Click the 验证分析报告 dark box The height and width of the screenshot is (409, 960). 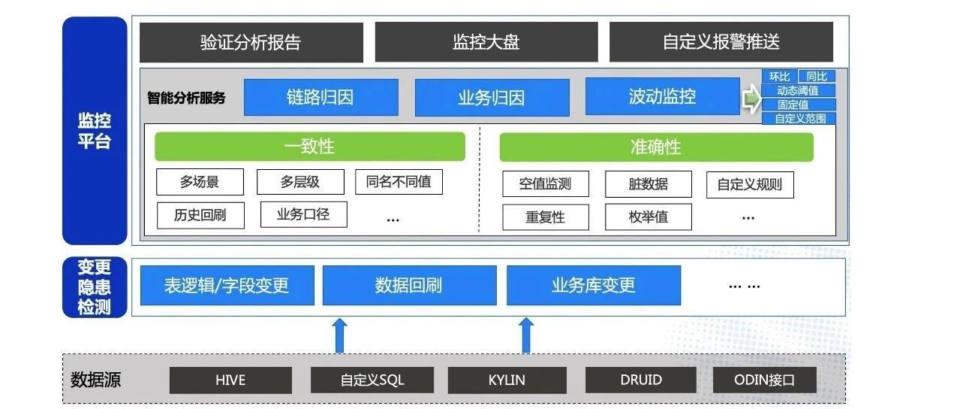pyautogui.click(x=251, y=42)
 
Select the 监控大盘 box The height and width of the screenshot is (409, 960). pyautogui.click(x=486, y=42)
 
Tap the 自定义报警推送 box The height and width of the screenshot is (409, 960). pyautogui.click(x=721, y=42)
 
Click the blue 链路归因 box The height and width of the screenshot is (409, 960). pyautogui.click(x=321, y=97)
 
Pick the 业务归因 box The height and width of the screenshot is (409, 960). pyautogui.click(x=492, y=98)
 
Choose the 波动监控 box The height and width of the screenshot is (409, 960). pyautogui.click(x=663, y=96)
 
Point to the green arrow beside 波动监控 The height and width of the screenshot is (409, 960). pyautogui.click(x=752, y=98)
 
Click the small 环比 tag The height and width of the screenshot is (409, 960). pyautogui.click(x=780, y=77)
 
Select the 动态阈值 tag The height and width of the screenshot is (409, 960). pyautogui.click(x=799, y=90)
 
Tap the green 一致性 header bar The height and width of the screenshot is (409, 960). pyautogui.click(x=310, y=147)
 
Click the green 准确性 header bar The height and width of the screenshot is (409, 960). pyautogui.click(x=656, y=147)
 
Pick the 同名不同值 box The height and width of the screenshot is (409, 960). pyautogui.click(x=399, y=181)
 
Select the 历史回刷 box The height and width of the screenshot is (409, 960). pyautogui.click(x=200, y=215)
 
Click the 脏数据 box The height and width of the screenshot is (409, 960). pyautogui.click(x=649, y=184)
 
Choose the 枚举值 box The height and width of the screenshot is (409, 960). pyautogui.click(x=649, y=217)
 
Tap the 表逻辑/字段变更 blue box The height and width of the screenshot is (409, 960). pyautogui.click(x=227, y=286)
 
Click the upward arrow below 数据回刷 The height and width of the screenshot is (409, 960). pyautogui.click(x=339, y=335)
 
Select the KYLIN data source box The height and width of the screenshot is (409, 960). pyautogui.click(x=507, y=380)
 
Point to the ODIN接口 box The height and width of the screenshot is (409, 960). pyautogui.click(x=765, y=380)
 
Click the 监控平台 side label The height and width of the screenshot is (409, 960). pyautogui.click(x=95, y=131)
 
